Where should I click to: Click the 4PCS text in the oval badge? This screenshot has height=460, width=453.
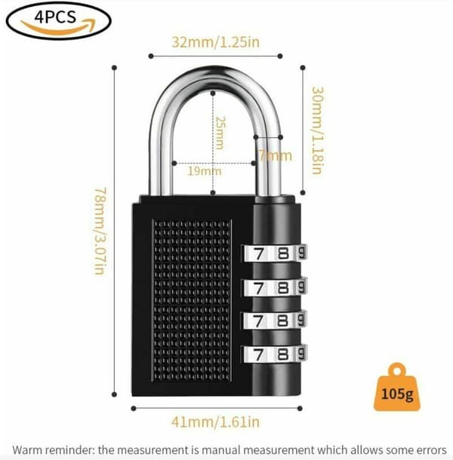pos(55,17)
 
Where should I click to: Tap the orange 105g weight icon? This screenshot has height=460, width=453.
pos(397,388)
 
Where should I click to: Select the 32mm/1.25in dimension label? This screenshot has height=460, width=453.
pos(216,42)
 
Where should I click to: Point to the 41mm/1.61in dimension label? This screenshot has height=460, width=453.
pos(216,422)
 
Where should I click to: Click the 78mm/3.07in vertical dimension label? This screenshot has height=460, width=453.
pos(100,231)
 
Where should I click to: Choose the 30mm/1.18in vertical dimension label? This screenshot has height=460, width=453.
pos(318,130)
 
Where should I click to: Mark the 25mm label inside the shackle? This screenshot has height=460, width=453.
pos(220,133)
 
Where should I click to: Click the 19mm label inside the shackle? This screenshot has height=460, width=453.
pos(205,170)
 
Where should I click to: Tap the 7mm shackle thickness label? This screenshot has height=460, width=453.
pos(276,155)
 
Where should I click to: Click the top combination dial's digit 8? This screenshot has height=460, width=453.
pos(283,253)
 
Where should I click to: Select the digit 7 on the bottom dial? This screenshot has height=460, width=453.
pos(258,355)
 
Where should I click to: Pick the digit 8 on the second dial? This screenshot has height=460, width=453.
pos(283,287)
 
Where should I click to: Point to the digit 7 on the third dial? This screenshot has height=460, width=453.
pos(258,321)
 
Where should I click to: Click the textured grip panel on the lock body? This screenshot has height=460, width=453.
pos(192,300)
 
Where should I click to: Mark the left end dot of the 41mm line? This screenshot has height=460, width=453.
pos(134,409)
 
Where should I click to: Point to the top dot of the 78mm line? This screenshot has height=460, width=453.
pos(115,68)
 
